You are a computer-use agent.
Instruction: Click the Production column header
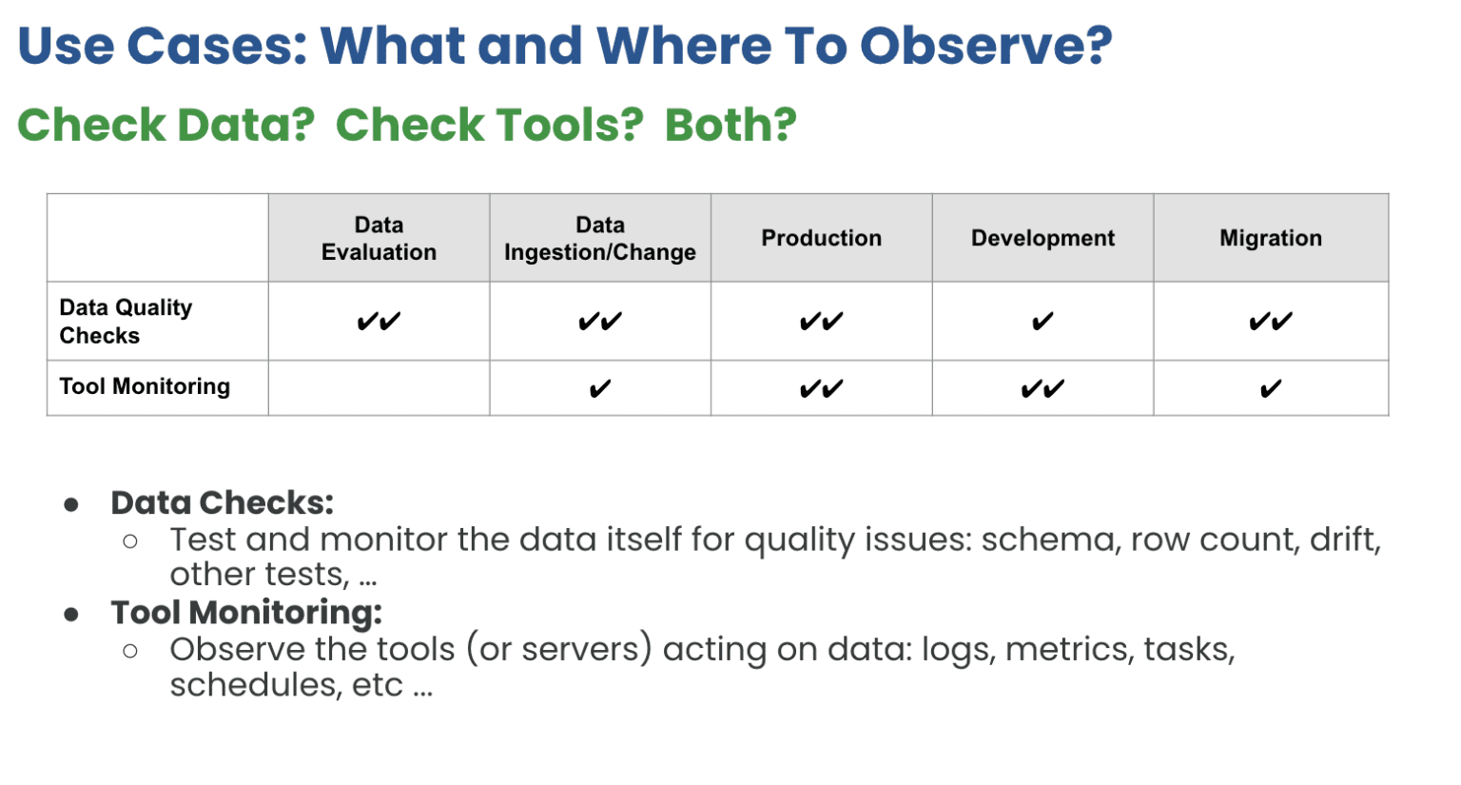pos(821,238)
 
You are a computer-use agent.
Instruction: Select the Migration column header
pos(1270,238)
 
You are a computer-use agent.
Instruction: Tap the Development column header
pos(1042,238)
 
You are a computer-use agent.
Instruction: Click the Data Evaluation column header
pos(379,238)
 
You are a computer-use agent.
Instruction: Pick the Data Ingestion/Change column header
pos(599,238)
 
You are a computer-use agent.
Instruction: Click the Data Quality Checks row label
pos(125,321)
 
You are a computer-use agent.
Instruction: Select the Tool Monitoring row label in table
pos(145,386)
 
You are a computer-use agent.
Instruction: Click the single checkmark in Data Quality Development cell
pos(1042,322)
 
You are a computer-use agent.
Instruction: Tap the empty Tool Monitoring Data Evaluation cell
pos(379,388)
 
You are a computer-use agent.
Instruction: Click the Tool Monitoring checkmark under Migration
pos(1270,388)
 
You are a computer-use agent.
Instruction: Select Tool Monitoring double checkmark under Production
pos(821,388)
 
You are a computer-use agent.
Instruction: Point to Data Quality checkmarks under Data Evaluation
pos(379,322)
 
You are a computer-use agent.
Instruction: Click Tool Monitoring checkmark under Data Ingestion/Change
pos(599,388)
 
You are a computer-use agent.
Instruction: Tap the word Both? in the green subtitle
pos(730,125)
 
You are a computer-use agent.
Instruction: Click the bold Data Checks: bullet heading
pos(222,502)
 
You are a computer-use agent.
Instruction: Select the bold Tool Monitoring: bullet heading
pos(245,612)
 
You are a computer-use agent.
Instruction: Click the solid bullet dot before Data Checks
pos(71,504)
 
